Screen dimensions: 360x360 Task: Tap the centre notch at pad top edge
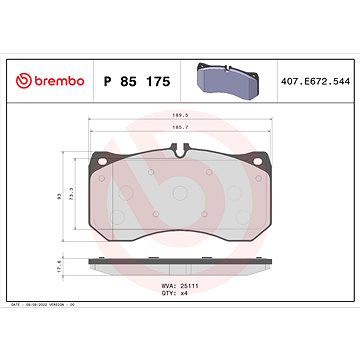point(180,152)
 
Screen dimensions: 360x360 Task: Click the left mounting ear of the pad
point(98,162)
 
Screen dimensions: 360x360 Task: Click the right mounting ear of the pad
point(262,162)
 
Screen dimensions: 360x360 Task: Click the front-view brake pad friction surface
point(180,200)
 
